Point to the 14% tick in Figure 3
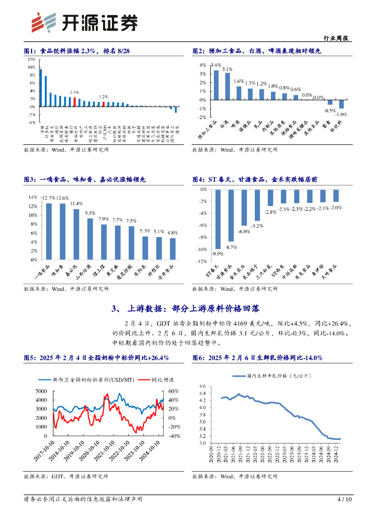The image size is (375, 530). point(33,197)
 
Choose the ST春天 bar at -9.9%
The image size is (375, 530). point(218,219)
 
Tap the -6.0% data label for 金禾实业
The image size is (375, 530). point(244,231)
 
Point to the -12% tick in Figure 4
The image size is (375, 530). point(200,261)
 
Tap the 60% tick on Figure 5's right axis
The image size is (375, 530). point(175,391)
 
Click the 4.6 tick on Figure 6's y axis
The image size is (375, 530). point(202,386)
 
